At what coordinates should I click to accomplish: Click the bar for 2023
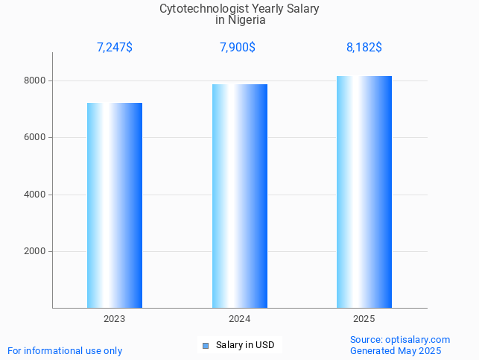pyautogui.click(x=115, y=205)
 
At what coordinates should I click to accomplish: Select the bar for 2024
pyautogui.click(x=239, y=196)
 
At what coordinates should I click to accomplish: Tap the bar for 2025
pyautogui.click(x=364, y=192)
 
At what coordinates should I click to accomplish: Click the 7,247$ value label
pyautogui.click(x=115, y=48)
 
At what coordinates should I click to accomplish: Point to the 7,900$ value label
pyautogui.click(x=238, y=48)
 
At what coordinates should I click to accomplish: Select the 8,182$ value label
pyautogui.click(x=364, y=48)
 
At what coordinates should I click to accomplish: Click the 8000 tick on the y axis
pyautogui.click(x=35, y=80)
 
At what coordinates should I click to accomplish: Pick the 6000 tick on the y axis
pyautogui.click(x=35, y=138)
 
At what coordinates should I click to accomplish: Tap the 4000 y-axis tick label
pyautogui.click(x=35, y=195)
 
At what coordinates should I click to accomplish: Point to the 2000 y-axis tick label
pyautogui.click(x=35, y=252)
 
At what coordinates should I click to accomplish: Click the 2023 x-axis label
pyautogui.click(x=115, y=319)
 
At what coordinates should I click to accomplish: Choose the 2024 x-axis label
pyautogui.click(x=239, y=319)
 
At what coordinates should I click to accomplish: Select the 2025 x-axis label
pyautogui.click(x=364, y=319)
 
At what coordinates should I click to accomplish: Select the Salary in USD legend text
pyautogui.click(x=245, y=345)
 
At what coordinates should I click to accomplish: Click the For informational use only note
pyautogui.click(x=65, y=350)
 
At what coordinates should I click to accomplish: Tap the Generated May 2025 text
pyautogui.click(x=396, y=351)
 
